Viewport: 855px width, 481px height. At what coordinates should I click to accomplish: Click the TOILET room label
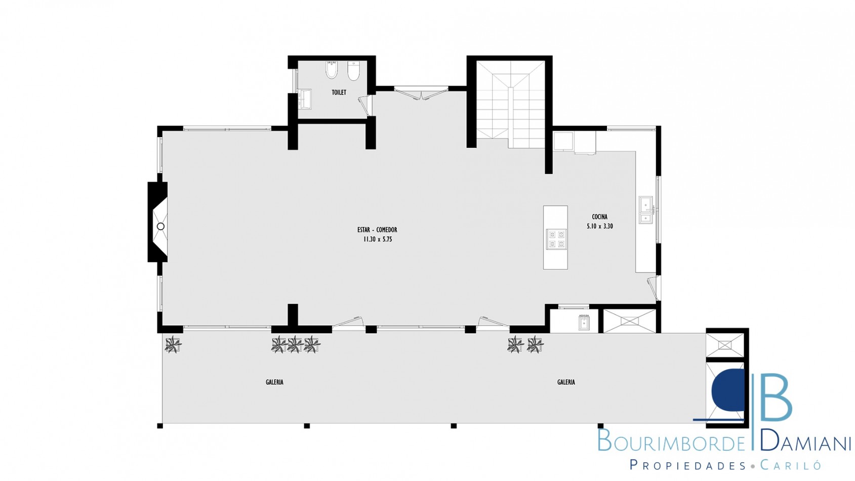339,92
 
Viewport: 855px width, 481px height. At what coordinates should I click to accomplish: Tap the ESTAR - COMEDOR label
377,230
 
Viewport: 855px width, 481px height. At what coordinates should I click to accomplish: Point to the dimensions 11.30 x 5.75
378,239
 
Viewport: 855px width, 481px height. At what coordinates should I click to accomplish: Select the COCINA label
600,217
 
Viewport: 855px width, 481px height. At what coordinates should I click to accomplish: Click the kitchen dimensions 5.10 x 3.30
600,226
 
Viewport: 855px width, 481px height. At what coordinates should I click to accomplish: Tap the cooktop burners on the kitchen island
556,239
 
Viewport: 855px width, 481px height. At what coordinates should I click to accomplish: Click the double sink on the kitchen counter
646,210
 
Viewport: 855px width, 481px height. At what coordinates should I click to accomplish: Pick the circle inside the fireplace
160,226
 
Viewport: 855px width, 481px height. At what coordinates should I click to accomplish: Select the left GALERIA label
274,382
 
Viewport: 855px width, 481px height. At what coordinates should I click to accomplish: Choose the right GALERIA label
566,382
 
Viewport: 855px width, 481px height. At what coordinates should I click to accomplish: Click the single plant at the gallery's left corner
173,345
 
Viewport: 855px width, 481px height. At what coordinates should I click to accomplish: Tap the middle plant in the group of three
295,345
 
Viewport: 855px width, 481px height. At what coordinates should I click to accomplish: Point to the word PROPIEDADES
687,465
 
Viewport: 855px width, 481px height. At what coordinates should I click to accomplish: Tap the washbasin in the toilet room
305,99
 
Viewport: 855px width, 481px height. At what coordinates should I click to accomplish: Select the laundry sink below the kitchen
584,323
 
